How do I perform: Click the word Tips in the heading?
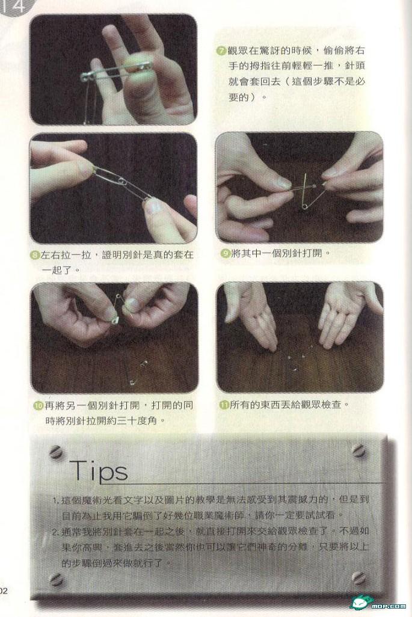tap(99, 470)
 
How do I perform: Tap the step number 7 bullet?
tap(221, 51)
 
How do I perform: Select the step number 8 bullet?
tap(35, 256)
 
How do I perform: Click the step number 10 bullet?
tap(38, 405)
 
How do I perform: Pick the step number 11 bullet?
tap(224, 405)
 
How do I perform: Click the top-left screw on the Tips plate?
tap(56, 452)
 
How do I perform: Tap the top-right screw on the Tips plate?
tap(359, 450)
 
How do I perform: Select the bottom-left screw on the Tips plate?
tap(57, 579)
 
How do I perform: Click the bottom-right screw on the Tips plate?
tap(359, 578)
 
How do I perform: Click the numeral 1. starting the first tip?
tap(55, 500)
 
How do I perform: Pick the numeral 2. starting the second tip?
tap(55, 532)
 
